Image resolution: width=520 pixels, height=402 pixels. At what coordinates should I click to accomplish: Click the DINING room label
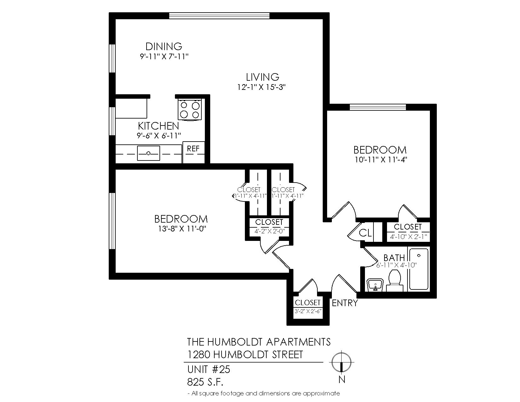point(164,46)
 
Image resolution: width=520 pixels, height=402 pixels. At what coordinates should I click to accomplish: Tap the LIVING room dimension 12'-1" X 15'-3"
point(261,87)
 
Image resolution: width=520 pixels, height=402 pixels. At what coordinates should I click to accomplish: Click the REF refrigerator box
point(194,152)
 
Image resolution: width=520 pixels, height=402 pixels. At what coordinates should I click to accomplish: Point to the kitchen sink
point(148,153)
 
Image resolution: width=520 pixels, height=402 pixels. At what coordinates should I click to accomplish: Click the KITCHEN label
point(159,126)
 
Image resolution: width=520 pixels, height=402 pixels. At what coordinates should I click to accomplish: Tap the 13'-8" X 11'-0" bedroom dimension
point(182,229)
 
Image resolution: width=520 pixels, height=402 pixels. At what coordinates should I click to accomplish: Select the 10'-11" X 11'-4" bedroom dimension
point(381,160)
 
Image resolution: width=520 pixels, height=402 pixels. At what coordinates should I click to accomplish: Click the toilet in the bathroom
point(395,281)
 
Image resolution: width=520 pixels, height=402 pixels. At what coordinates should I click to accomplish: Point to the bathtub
point(419,269)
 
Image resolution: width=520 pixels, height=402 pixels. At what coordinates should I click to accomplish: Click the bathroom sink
point(375,285)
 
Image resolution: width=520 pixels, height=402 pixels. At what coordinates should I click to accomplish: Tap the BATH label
point(394,258)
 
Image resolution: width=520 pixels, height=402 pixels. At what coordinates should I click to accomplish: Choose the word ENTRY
point(344,303)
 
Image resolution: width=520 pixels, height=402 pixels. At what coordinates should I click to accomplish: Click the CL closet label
point(365,232)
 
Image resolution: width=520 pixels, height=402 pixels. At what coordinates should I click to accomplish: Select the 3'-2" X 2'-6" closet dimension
point(308,311)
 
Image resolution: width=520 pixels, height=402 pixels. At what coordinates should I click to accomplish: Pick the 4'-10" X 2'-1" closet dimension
point(408,237)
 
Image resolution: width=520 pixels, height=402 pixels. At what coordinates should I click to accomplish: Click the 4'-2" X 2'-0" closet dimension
point(270,231)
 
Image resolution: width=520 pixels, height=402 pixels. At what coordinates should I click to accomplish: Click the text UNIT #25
point(209,370)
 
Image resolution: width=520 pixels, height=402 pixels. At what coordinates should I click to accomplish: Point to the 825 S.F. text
point(205,382)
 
